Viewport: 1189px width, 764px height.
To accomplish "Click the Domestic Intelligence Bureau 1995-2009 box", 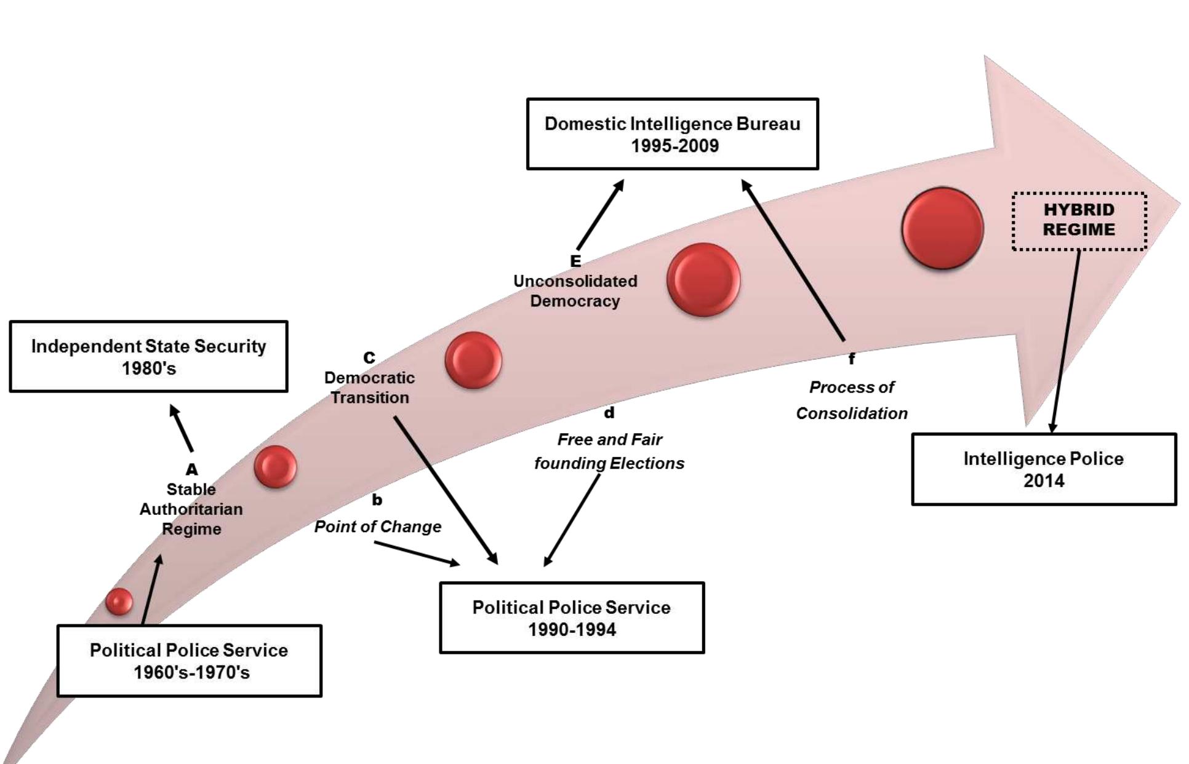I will point(672,133).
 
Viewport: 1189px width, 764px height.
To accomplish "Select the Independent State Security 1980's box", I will point(148,356).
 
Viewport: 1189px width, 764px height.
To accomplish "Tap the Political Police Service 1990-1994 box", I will point(572,618).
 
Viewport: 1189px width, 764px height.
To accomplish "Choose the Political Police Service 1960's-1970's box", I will point(189,661).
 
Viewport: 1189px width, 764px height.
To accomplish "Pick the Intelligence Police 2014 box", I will point(1043,469).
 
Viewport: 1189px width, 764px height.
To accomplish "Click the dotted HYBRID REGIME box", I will point(1079,221).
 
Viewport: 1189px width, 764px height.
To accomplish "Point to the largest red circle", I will point(942,228).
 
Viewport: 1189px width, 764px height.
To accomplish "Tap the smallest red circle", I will point(119,601).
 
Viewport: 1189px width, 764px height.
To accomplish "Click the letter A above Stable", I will point(191,469).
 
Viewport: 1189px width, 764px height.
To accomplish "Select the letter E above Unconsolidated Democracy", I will point(575,261).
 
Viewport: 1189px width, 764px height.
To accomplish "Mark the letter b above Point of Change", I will point(377,500).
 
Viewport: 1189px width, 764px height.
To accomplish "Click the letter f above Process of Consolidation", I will point(851,359).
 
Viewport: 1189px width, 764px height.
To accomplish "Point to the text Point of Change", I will point(377,527).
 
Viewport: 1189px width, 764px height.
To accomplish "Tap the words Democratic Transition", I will point(369,388).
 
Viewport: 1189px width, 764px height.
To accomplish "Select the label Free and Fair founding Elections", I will point(609,451).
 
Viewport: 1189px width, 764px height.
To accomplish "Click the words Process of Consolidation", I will point(852,400).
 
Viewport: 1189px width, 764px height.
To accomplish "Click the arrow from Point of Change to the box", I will point(417,552).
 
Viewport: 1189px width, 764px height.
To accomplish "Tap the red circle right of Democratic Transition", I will point(473,360).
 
